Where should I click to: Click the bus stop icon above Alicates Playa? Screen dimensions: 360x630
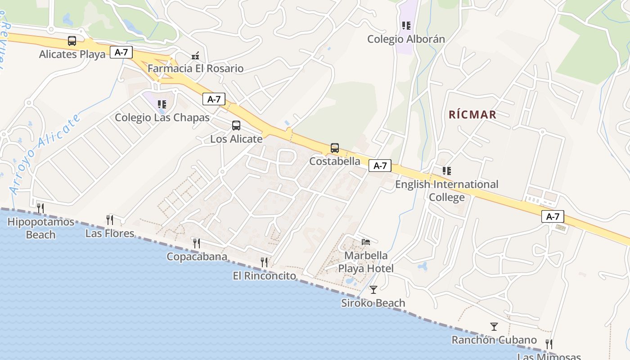click(72, 41)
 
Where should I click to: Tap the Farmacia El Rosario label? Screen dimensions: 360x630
click(195, 69)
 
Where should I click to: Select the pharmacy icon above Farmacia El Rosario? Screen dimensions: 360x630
click(195, 56)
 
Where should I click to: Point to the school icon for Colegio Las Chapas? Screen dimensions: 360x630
click(162, 104)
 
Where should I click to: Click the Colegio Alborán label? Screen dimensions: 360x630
click(406, 39)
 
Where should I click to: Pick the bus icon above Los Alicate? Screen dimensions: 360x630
click(236, 126)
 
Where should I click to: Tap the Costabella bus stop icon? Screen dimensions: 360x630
click(335, 148)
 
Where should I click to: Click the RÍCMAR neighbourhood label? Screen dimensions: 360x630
click(472, 115)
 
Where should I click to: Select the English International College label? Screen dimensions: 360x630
click(447, 191)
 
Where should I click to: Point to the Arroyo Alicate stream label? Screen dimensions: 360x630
click(45, 153)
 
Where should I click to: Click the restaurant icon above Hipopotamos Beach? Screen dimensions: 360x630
click(40, 208)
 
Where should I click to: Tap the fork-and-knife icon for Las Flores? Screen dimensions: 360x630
click(110, 220)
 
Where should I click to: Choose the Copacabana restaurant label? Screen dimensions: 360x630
click(197, 256)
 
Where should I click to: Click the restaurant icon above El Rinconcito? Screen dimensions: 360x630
click(265, 262)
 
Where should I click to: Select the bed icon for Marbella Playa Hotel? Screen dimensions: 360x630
click(366, 242)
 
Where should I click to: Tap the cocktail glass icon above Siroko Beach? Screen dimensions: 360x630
click(373, 289)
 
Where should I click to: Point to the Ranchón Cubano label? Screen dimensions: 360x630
click(494, 340)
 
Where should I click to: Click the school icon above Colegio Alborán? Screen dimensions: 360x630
click(406, 26)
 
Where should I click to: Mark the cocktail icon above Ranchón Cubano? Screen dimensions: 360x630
click(494, 327)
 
